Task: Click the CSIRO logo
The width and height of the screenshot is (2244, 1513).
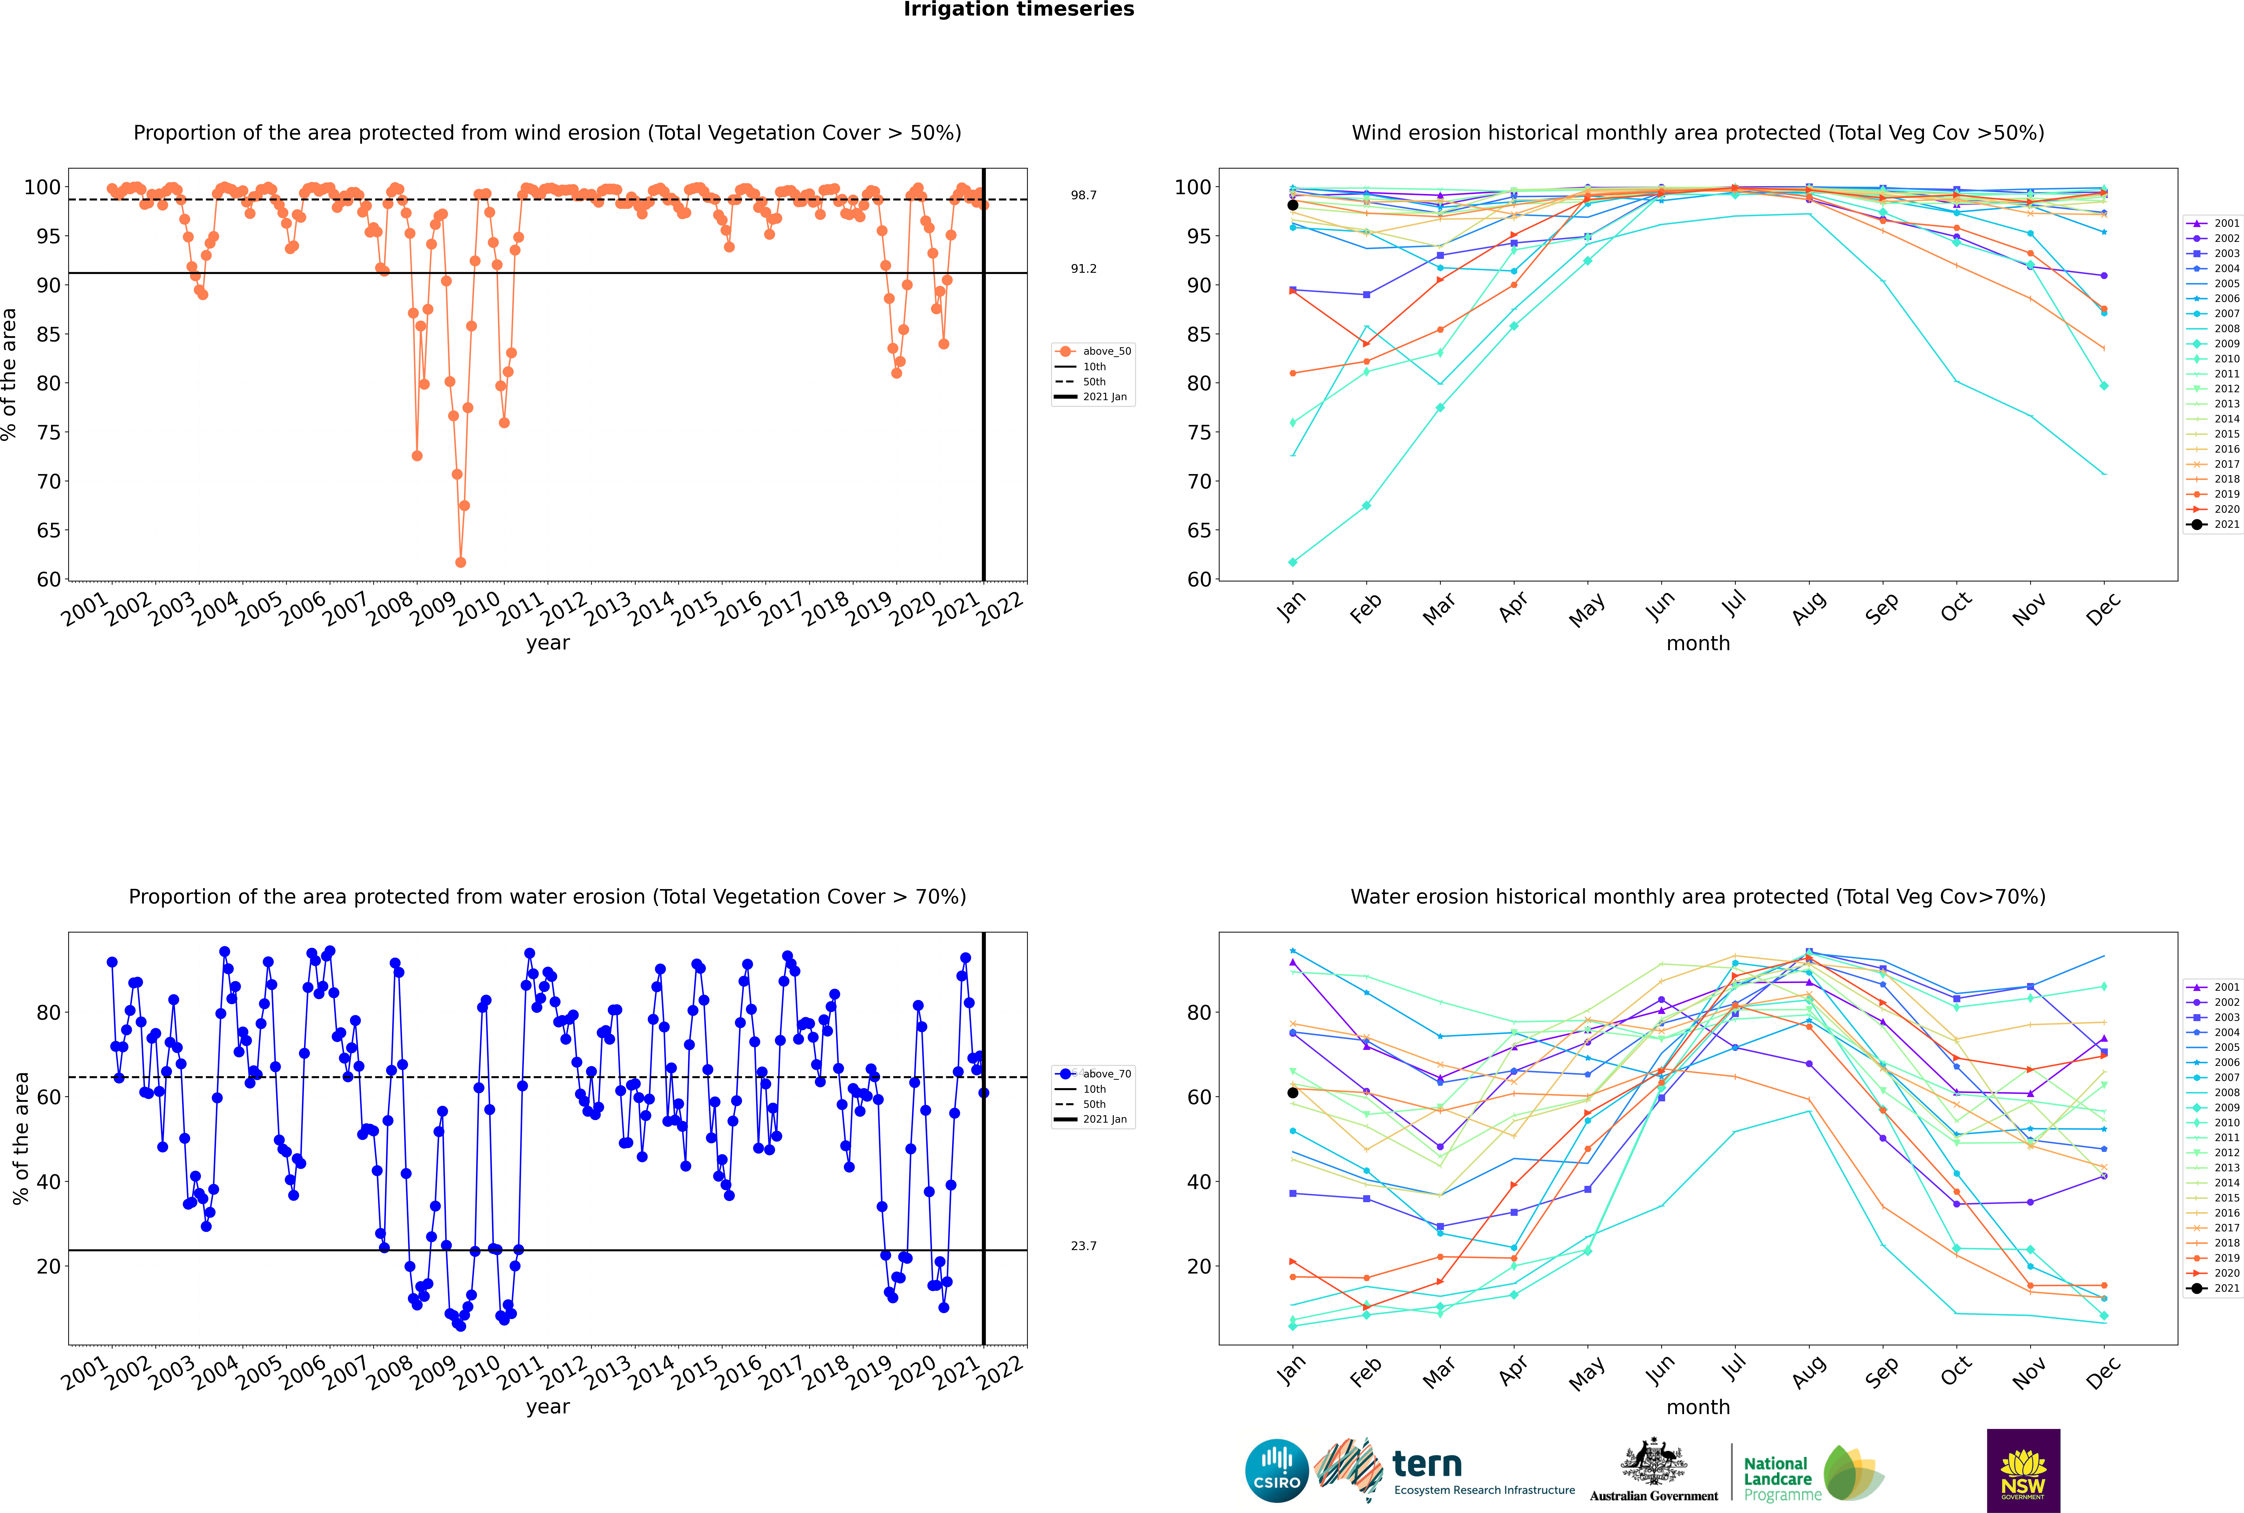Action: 1276,1471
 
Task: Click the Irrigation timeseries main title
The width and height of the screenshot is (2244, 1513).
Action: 1019,10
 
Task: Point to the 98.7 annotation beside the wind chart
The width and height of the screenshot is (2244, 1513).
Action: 1083,195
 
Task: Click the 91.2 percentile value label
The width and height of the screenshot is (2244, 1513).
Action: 1083,268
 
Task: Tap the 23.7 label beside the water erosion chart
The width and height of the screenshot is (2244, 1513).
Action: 1083,1246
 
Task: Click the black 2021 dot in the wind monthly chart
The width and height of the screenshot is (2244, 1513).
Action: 1293,205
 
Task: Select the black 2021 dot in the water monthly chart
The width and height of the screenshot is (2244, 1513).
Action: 1293,1092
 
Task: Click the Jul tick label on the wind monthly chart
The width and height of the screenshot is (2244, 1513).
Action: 1734,605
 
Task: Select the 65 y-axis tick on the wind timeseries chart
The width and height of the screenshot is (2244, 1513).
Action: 48,531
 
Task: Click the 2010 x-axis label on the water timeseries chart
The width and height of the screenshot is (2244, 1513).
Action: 477,1371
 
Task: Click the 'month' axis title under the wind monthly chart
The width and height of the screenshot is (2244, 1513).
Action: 1698,644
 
